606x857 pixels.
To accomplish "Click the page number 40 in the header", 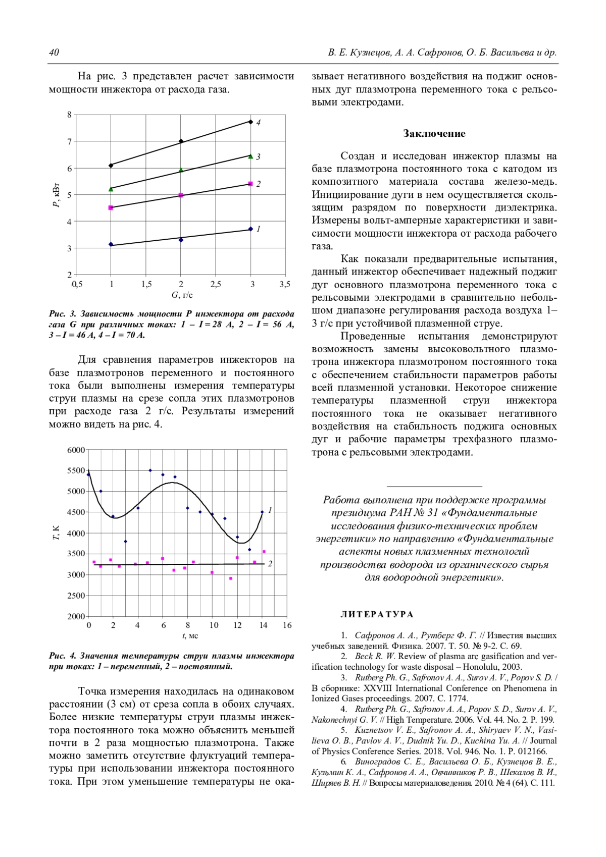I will (x=54, y=53).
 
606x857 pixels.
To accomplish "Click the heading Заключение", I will (x=434, y=134).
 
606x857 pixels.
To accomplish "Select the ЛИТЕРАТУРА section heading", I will (x=377, y=614).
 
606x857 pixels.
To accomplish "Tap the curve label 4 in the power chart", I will (x=258, y=123).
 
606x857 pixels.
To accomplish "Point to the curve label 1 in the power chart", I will (x=258, y=229).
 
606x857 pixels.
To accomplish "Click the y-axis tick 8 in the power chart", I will (x=70, y=115).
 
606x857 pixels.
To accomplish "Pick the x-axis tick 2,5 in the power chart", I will (x=216, y=285).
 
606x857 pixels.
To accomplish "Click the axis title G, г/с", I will (x=182, y=295).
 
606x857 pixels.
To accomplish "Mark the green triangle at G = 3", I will (x=250, y=156).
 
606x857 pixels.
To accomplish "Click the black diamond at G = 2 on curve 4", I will (x=181, y=141).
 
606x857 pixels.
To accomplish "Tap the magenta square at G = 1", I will (x=111, y=207).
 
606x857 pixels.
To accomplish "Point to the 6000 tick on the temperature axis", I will (x=76, y=450).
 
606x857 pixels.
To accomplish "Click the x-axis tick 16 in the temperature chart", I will (x=287, y=625).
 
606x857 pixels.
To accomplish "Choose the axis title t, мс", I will (x=190, y=636).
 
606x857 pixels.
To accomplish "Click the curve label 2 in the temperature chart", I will (x=270, y=564).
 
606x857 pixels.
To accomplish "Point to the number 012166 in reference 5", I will (x=532, y=751).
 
